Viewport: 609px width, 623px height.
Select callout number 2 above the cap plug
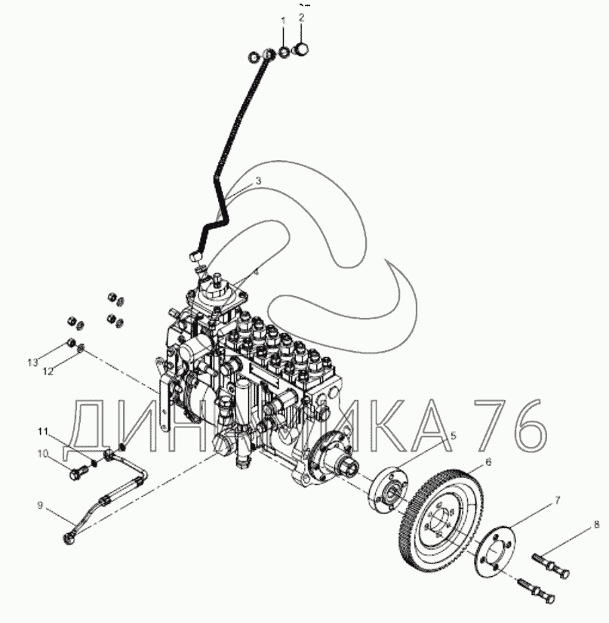point(302,17)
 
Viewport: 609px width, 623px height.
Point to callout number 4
point(255,272)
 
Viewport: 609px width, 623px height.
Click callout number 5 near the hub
point(453,436)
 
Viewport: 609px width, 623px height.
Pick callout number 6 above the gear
point(488,461)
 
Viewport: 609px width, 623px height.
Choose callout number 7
point(557,500)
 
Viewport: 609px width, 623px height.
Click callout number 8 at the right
point(595,523)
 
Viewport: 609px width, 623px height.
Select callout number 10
point(43,453)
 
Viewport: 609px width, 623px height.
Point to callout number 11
point(44,430)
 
